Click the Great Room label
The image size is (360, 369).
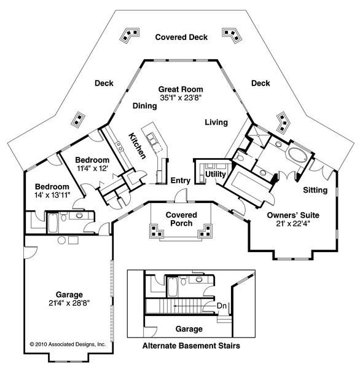pos(181,89)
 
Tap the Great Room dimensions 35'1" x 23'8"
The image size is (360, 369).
pos(181,98)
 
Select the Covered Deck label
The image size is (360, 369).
pos(181,37)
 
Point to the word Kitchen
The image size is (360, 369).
pos(138,146)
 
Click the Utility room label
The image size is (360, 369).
pos(216,175)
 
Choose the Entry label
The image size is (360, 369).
pos(181,180)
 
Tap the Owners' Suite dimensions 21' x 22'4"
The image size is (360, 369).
pos(293,223)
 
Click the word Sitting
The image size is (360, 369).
pos(315,190)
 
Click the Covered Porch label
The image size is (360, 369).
pos(181,219)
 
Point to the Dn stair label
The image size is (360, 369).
pos(222,306)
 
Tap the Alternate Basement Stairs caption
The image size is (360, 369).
pos(191,346)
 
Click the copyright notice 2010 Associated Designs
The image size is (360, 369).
pos(68,344)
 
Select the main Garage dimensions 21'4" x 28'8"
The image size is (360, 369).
pos(69,303)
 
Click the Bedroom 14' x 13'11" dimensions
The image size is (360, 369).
pos(52,195)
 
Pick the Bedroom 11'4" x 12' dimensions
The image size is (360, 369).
pos(92,169)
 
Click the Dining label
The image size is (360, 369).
pos(144,106)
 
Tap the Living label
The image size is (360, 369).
pos(216,122)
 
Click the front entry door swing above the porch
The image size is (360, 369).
pos(181,196)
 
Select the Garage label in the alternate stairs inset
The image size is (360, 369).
pos(189,329)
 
